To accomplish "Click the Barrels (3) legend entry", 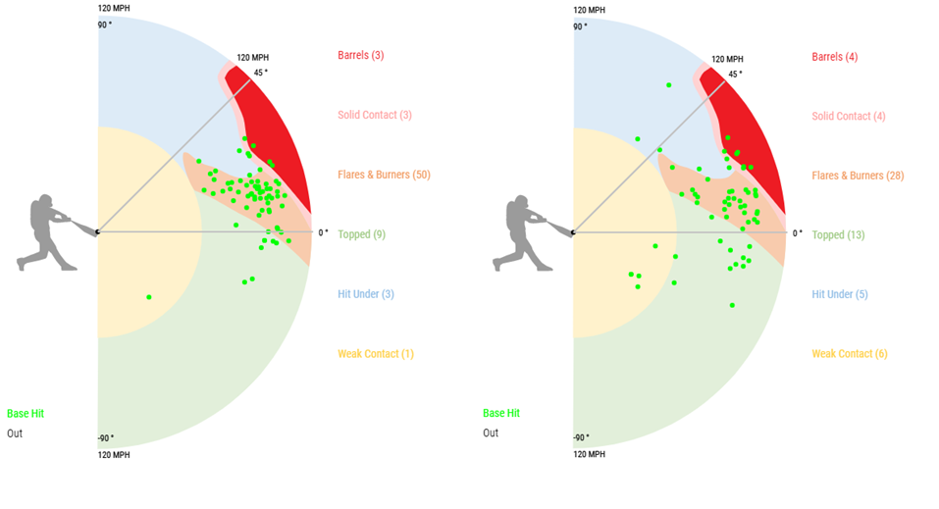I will (x=360, y=55).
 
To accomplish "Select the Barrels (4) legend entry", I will (x=834, y=57).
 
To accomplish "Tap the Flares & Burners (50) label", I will (x=384, y=175).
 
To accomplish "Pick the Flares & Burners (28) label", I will (x=858, y=176).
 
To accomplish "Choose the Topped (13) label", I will (x=838, y=235).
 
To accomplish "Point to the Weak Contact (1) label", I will (x=375, y=353).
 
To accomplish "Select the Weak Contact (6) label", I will (x=849, y=353).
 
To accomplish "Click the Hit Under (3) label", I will (x=365, y=293).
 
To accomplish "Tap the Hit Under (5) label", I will (x=840, y=294).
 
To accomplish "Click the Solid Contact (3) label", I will (x=374, y=115).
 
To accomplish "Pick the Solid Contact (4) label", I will (x=849, y=116).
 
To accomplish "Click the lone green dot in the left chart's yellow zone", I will (x=149, y=297).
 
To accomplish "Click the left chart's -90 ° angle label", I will (x=105, y=438).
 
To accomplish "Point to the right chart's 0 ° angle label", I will (x=798, y=233).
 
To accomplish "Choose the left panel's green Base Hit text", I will (x=26, y=414).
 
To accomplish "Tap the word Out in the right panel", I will (x=491, y=433).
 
